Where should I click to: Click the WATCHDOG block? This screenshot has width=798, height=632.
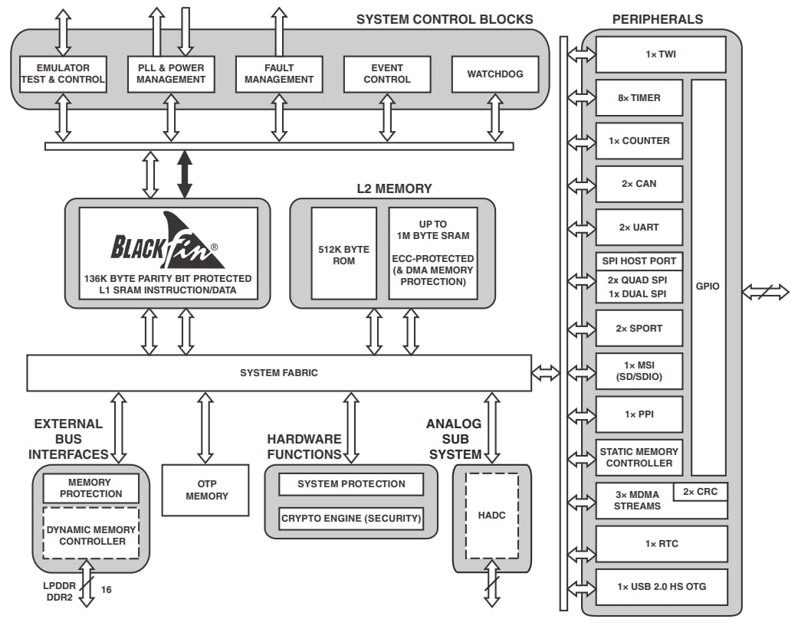pos(495,74)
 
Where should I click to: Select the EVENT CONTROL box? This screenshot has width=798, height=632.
pos(387,74)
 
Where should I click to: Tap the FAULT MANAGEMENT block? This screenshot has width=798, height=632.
pos(279,74)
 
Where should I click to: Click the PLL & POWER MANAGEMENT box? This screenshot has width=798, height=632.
pos(171,74)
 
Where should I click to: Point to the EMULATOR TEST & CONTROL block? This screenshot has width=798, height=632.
pos(63,74)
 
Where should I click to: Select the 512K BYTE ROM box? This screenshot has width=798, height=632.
pos(343,255)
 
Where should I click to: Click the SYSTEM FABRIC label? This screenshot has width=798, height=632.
pos(279,373)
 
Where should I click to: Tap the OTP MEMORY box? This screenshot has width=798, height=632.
pos(205,490)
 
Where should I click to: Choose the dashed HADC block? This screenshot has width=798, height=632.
pos(491,516)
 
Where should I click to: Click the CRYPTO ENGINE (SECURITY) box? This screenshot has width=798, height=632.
pos(351,519)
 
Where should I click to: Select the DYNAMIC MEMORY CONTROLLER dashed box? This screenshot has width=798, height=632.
pos(91,535)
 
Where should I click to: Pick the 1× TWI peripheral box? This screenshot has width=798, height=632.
pos(660,55)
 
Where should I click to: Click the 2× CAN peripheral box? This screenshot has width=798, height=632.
pos(639,184)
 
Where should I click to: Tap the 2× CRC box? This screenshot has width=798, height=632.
pos(700,492)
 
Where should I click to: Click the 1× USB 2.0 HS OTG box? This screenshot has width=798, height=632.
pos(660,587)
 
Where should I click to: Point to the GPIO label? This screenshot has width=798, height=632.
pos(708,286)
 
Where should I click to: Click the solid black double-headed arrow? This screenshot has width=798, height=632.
pos(184,175)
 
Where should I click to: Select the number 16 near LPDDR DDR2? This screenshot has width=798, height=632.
pos(107,590)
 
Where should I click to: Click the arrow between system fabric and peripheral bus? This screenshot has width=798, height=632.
pos(546,373)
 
